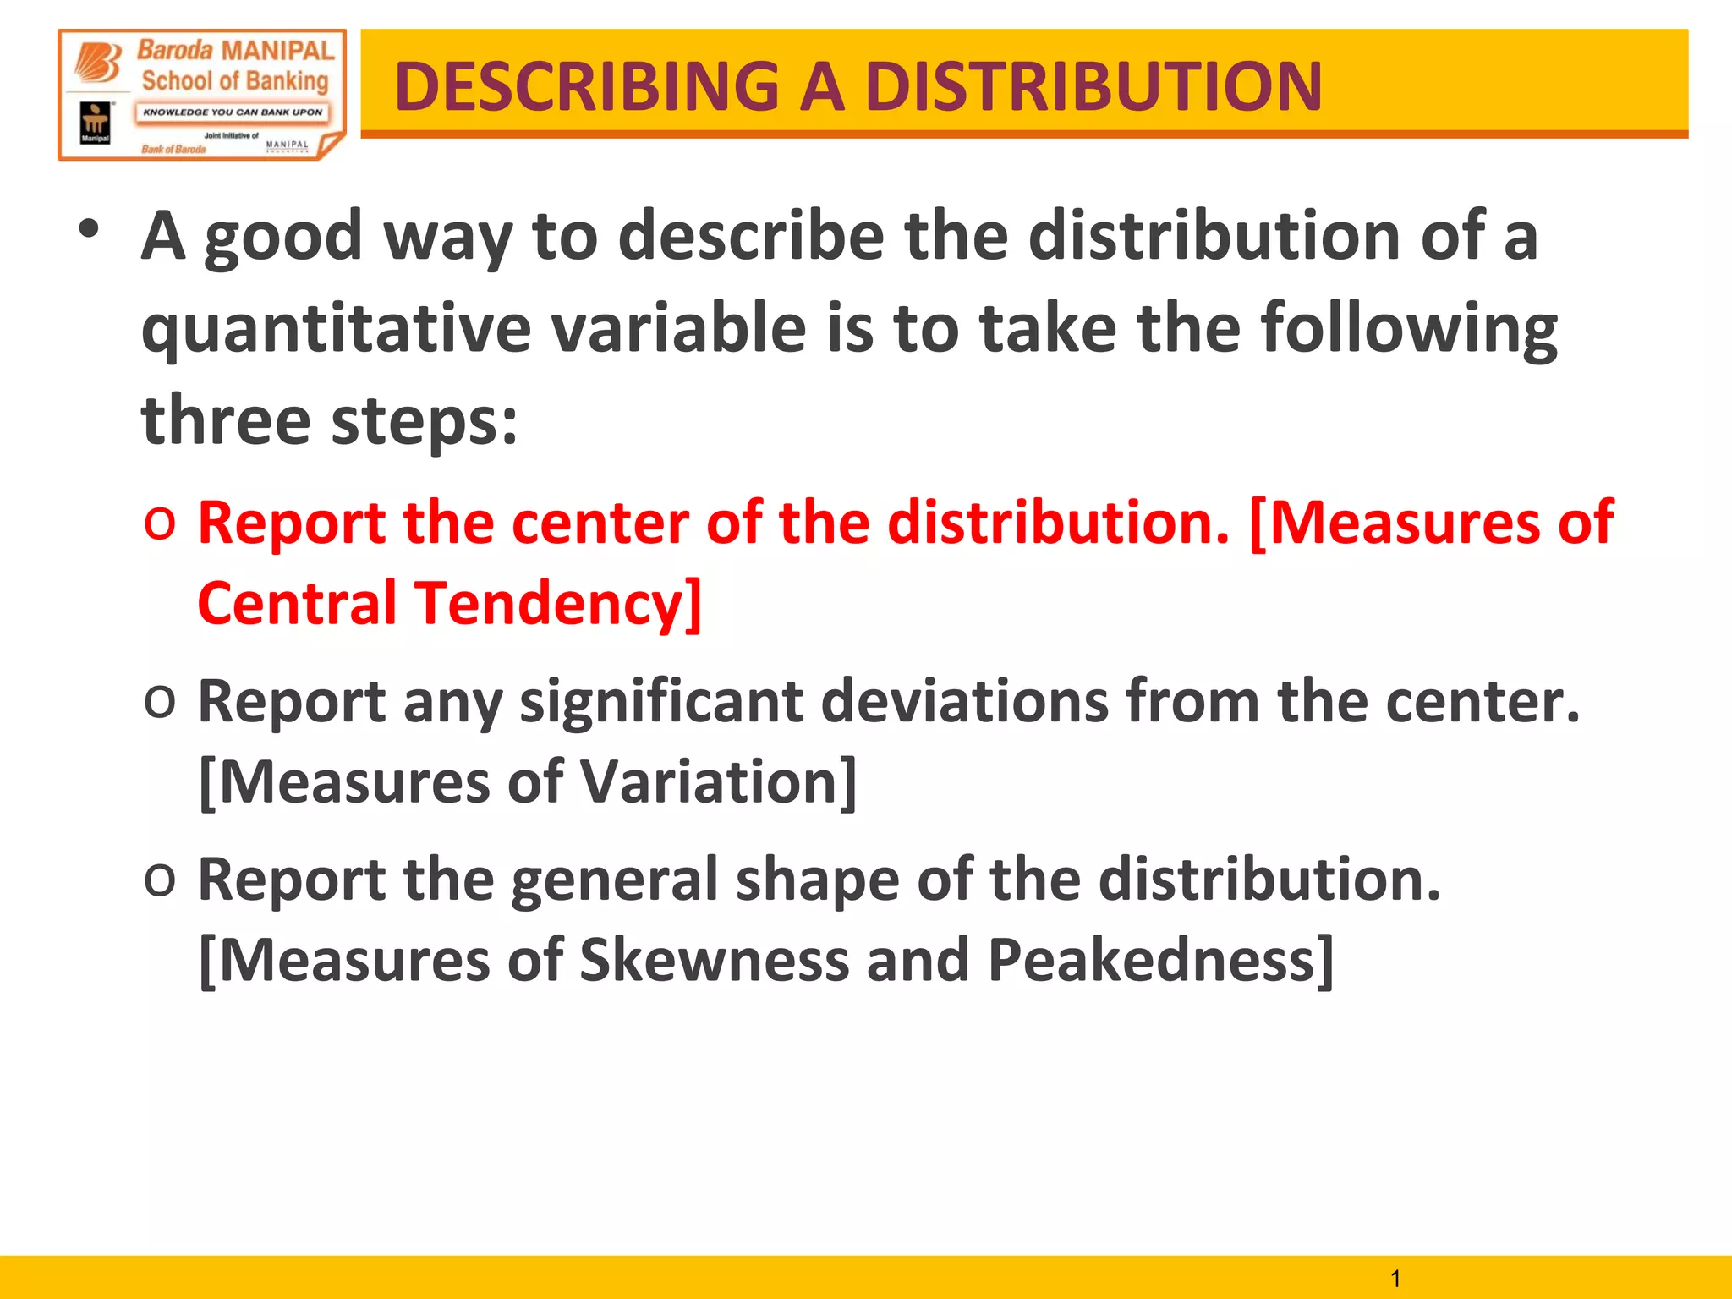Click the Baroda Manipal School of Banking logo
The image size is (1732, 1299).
(202, 95)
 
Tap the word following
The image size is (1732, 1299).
(1408, 330)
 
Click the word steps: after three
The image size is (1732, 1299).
(424, 421)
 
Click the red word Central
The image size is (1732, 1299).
(297, 603)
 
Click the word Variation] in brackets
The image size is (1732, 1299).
(719, 781)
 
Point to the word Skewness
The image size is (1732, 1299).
(714, 960)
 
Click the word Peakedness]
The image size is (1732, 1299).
(1160, 962)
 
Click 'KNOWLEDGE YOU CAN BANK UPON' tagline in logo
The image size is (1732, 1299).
(233, 112)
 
